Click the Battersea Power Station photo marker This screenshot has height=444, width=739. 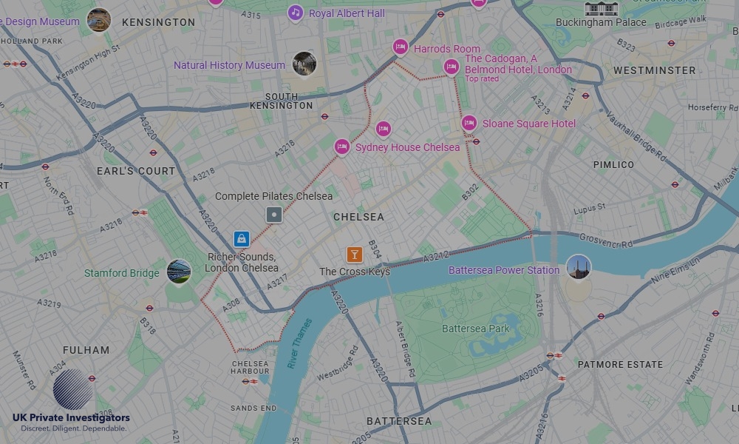[x=579, y=267]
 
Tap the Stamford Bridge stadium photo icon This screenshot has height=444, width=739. [x=179, y=272]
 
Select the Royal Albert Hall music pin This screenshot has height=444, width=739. [x=296, y=13]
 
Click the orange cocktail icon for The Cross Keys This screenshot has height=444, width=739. [x=355, y=255]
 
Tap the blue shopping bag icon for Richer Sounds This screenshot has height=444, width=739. [x=241, y=239]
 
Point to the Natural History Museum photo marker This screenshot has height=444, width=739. [x=304, y=64]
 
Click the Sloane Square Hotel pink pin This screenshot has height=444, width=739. [x=469, y=123]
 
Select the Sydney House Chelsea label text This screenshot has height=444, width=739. [x=407, y=147]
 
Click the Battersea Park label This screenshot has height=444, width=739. [x=476, y=328]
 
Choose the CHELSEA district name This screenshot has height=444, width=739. [x=358, y=217]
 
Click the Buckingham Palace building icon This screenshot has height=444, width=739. [x=601, y=8]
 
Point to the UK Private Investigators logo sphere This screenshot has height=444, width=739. [x=73, y=388]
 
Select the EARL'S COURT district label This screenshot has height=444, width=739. [x=136, y=171]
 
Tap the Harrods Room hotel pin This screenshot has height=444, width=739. [x=401, y=47]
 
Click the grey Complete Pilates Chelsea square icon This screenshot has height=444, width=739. [x=274, y=215]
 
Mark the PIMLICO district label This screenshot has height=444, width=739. [x=613, y=164]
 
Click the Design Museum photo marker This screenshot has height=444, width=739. [x=99, y=20]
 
